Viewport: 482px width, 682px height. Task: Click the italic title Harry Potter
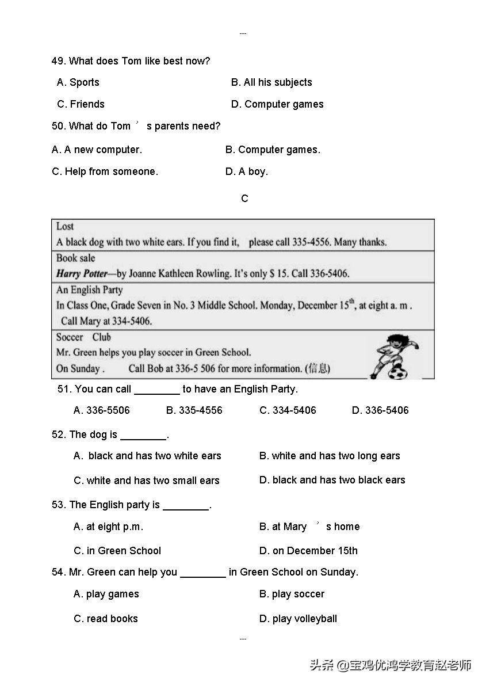(x=82, y=274)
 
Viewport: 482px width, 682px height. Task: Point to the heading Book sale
(x=75, y=258)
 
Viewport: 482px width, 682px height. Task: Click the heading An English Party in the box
(x=89, y=290)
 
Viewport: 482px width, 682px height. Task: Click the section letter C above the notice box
(x=245, y=199)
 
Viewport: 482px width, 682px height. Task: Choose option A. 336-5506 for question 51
(x=102, y=410)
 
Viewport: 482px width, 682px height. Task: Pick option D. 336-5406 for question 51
(x=380, y=410)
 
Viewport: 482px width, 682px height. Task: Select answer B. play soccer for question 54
(x=292, y=594)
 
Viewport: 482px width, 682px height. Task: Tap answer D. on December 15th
(x=308, y=551)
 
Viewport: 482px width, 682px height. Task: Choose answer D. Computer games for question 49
(x=277, y=104)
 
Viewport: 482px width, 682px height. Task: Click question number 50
(x=58, y=126)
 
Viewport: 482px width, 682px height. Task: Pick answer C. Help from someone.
(x=105, y=172)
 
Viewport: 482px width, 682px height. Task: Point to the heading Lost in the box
(x=65, y=227)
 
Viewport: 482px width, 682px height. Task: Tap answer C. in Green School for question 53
(x=117, y=551)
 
